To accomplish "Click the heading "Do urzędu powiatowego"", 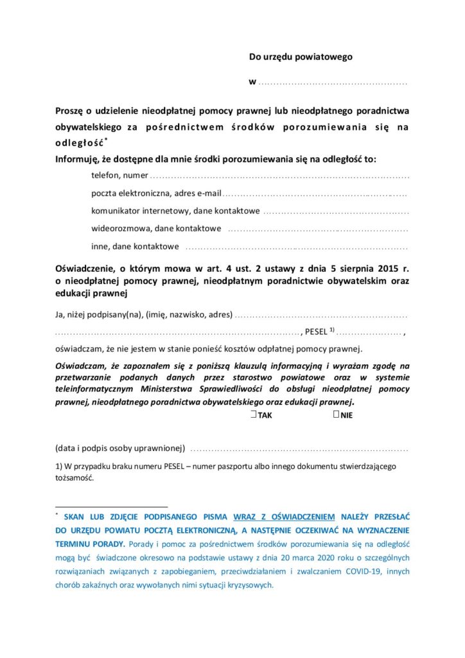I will coord(301,57).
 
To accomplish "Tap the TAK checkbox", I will coord(255,414).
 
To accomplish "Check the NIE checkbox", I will coord(337,414).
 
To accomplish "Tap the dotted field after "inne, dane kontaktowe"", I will coord(296,247).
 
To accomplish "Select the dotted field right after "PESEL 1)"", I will coord(370,333).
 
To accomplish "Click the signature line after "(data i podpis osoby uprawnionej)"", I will coord(299,448).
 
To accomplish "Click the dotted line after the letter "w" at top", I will coord(333,84).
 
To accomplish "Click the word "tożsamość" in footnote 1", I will coord(74,478).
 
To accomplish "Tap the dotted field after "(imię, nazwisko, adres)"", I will coord(322,316).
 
